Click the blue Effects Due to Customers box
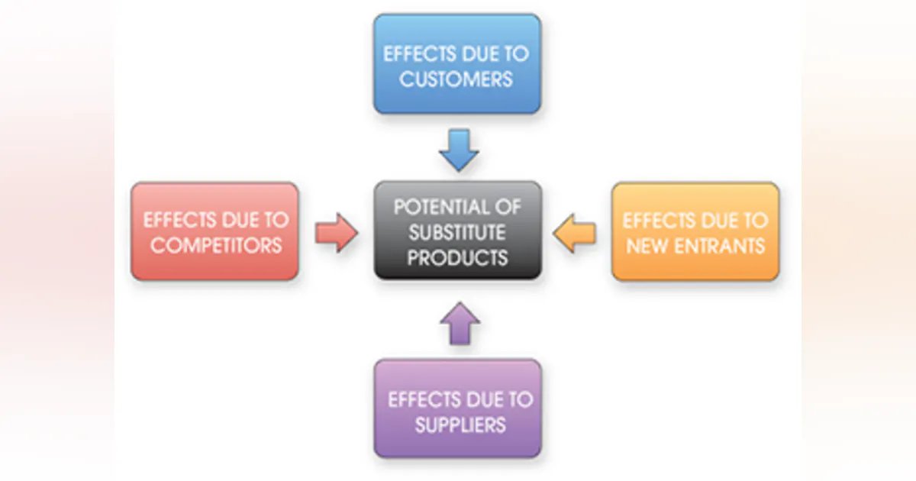(456, 64)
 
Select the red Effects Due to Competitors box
(214, 231)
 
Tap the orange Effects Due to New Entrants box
(695, 231)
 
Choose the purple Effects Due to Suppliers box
(457, 409)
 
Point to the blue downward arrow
(459, 150)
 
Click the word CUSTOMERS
(456, 79)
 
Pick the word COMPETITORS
(216, 245)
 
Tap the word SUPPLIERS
(460, 424)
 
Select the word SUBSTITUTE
(456, 231)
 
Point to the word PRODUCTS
(456, 257)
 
